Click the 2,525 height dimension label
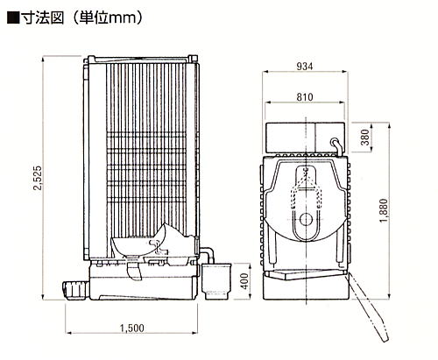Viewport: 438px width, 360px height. click(38, 178)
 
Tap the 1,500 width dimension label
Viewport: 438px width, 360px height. click(132, 328)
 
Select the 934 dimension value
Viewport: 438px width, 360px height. click(305, 67)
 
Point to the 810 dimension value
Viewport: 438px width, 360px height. click(305, 97)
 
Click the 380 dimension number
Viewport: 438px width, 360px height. click(365, 138)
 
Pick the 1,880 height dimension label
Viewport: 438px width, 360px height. click(384, 210)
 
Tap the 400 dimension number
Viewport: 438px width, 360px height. click(245, 281)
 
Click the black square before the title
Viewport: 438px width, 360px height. click(13, 18)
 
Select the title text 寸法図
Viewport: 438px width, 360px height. click(43, 18)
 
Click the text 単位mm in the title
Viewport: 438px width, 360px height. click(108, 18)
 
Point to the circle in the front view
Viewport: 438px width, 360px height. click(306, 219)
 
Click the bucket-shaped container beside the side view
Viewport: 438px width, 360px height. click(215, 281)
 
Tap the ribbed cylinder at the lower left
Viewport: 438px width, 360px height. click(76, 289)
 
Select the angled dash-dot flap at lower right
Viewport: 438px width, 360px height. click(369, 307)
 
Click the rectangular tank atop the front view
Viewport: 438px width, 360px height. click(305, 138)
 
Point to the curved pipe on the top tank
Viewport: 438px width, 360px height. click(336, 145)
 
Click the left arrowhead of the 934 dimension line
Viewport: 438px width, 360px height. click(265, 72)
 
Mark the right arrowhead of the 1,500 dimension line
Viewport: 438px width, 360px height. click(194, 333)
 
